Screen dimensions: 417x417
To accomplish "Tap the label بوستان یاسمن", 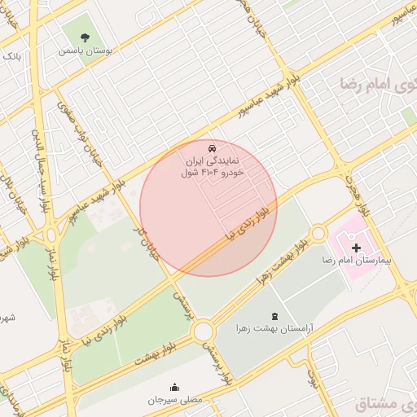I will click(87, 50).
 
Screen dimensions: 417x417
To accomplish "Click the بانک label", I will click(11, 57).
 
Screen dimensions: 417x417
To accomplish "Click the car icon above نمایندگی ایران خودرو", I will click(212, 148).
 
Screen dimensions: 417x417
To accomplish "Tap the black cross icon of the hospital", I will click(357, 247).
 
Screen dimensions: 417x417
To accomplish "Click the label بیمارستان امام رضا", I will click(358, 263).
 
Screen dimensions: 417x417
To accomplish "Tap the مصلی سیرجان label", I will click(173, 400).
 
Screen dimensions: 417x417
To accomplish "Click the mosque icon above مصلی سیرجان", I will click(173, 387).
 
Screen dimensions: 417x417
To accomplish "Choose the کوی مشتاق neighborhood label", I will click(387, 403).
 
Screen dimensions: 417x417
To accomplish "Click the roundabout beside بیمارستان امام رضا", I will click(318, 234).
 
